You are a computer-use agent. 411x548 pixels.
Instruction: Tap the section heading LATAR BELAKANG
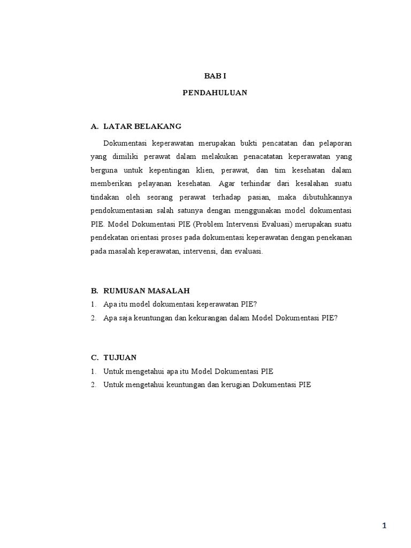[142, 126]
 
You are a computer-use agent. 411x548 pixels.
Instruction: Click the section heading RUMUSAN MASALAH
[146, 291]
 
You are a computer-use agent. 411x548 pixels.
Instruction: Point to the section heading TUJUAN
[120, 357]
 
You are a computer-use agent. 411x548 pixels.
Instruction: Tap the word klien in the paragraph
[204, 170]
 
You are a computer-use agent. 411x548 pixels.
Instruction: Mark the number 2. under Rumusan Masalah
[93, 317]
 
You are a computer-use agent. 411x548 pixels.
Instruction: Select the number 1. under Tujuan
[93, 371]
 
